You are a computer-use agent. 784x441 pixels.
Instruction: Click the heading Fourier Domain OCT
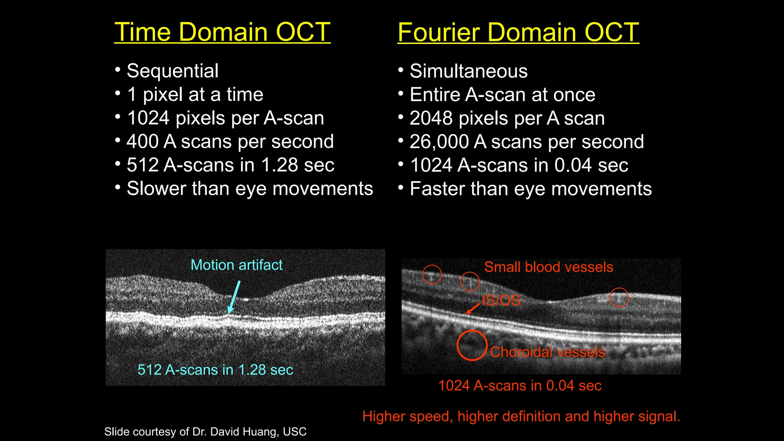click(x=518, y=32)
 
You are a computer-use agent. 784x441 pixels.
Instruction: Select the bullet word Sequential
click(x=172, y=71)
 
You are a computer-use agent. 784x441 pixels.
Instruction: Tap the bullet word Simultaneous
click(x=468, y=71)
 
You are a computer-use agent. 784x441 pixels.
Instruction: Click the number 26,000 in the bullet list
click(x=439, y=142)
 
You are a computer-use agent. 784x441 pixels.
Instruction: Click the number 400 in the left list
click(x=142, y=142)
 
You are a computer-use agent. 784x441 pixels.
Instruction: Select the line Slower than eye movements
click(x=250, y=189)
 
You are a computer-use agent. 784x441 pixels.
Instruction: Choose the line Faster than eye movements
click(x=530, y=189)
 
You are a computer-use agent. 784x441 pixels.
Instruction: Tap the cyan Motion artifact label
click(x=237, y=265)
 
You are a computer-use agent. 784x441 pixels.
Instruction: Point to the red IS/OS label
click(x=501, y=301)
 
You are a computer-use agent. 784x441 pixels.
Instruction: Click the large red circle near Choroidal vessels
click(x=472, y=345)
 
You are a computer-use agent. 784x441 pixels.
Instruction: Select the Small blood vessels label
click(x=548, y=267)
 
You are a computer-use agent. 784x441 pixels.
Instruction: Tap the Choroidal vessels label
click(x=547, y=352)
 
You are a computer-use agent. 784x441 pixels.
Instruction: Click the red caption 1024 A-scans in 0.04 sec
click(x=519, y=385)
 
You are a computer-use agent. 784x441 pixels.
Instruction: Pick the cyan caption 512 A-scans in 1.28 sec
click(x=215, y=370)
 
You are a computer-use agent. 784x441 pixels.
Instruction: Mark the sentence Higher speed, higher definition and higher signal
click(x=521, y=416)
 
